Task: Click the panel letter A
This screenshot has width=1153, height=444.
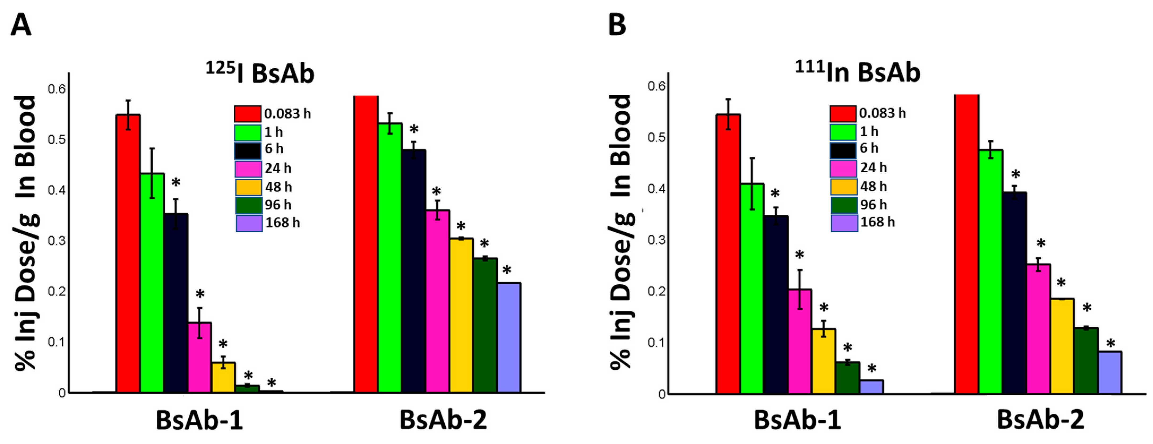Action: click(x=21, y=25)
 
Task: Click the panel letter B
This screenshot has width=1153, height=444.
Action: click(x=617, y=25)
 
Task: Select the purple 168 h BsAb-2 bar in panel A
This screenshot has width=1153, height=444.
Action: click(x=509, y=338)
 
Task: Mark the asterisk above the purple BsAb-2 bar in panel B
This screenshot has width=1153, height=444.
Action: click(x=1111, y=344)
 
